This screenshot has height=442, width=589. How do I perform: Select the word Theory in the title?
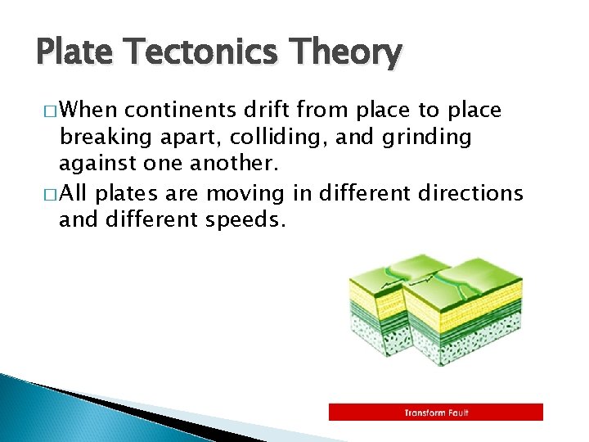pos(353,53)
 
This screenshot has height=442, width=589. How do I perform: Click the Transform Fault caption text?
pos(436,413)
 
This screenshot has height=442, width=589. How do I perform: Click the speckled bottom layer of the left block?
pos(375,336)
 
